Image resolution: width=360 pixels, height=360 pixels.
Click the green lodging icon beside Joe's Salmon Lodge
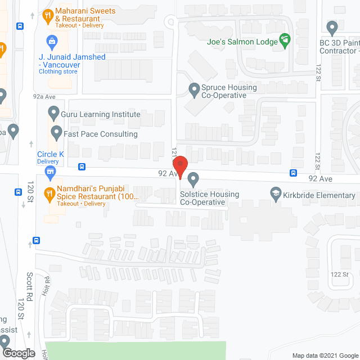[x=286, y=40]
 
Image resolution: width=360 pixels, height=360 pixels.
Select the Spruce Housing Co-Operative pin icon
[x=194, y=89]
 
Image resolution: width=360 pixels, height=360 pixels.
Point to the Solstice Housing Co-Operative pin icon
[x=194, y=180]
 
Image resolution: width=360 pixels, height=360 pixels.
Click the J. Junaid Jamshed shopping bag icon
[x=52, y=41]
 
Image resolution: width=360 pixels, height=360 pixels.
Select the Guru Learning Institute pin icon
[x=53, y=114]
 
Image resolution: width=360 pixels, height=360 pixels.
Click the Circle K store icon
[x=51, y=170]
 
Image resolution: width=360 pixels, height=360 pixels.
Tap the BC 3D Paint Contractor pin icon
[x=332, y=27]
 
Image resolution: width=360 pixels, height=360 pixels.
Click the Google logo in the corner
[x=18, y=353]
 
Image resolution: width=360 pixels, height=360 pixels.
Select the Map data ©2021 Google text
[x=325, y=355]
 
